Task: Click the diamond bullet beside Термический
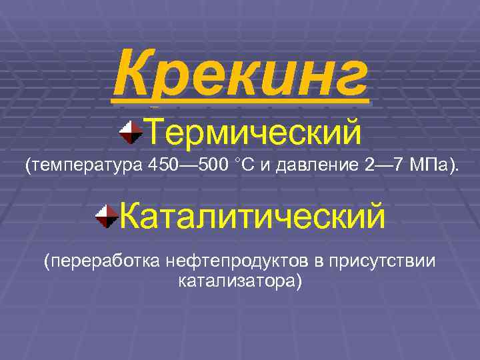(131, 131)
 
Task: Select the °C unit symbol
(241, 165)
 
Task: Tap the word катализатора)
(240, 281)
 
